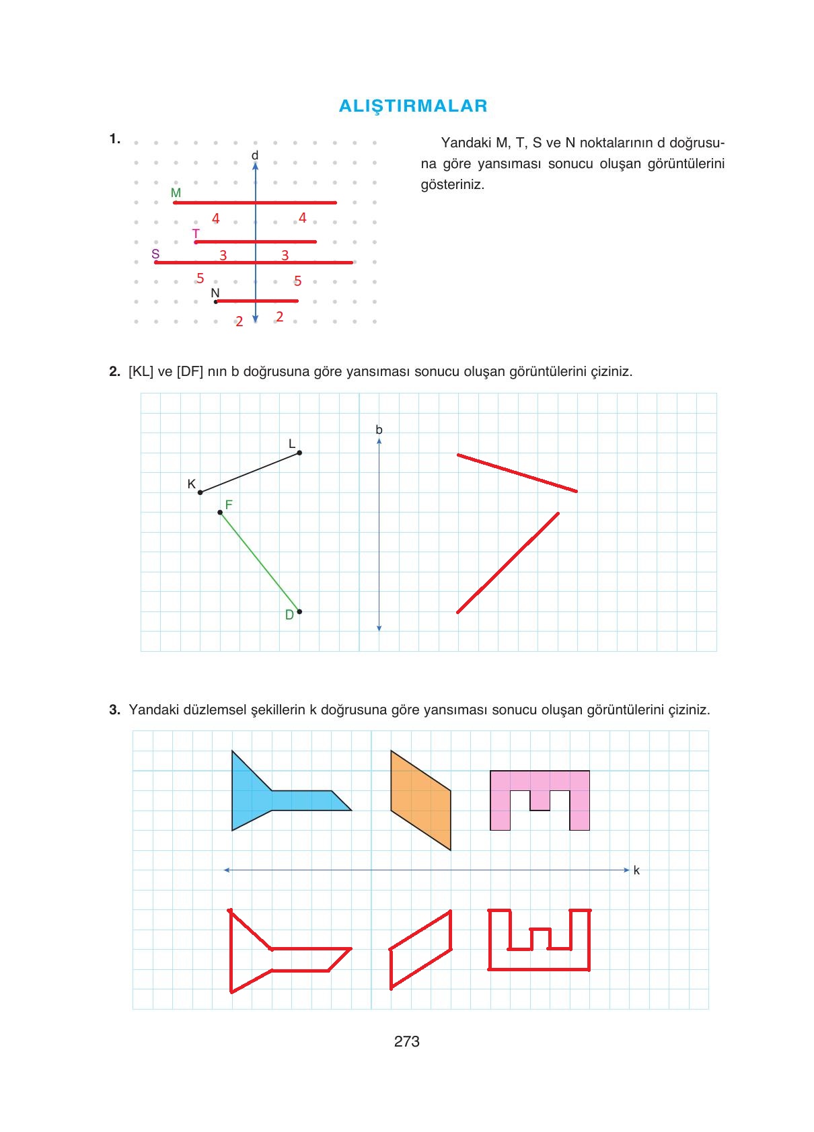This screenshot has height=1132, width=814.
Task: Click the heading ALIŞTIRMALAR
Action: tap(413, 106)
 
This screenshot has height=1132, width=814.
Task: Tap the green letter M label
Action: tap(176, 193)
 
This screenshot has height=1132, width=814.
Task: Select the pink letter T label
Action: tap(196, 233)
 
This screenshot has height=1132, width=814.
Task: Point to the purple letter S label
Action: tap(155, 254)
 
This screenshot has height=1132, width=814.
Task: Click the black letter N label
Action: tap(215, 293)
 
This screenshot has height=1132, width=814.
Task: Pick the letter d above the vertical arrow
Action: tap(255, 155)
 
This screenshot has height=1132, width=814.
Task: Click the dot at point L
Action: tap(299, 453)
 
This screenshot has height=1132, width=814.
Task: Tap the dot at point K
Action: tap(200, 492)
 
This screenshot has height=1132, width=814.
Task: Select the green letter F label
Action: tap(229, 504)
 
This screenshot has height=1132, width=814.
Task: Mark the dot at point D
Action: tap(299, 611)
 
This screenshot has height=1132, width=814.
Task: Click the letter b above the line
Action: tap(379, 429)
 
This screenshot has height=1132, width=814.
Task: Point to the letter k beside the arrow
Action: tap(636, 870)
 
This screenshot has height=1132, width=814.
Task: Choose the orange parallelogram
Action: tap(421, 800)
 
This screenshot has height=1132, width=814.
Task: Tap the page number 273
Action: tap(407, 1041)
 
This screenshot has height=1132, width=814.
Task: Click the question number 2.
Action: tap(114, 371)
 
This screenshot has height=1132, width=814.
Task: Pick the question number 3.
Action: tap(114, 710)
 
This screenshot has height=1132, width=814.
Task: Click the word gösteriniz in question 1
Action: tap(452, 184)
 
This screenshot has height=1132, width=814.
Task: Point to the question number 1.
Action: tap(114, 139)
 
